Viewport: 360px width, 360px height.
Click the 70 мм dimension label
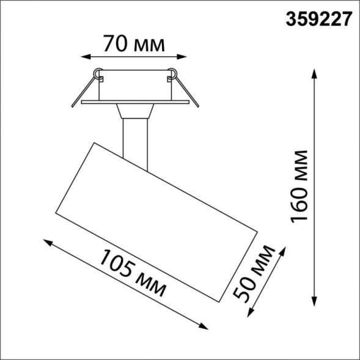(x=133, y=44)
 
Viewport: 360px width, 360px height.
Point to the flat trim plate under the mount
(x=134, y=102)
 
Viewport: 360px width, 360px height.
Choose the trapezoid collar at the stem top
(x=134, y=111)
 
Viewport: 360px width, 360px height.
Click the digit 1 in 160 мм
(x=301, y=219)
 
